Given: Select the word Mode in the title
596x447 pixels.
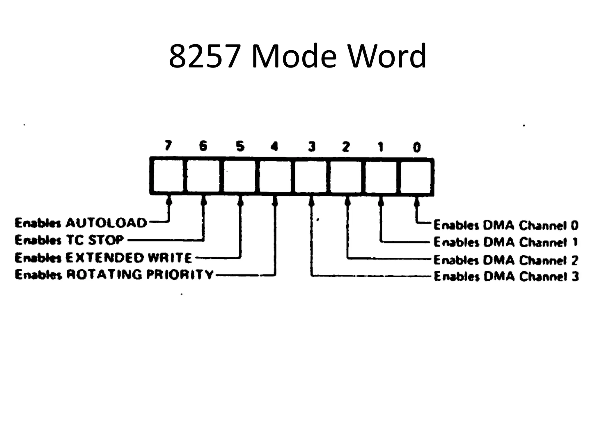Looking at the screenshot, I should (x=294, y=56).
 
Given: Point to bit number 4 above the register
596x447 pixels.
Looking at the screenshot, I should (x=274, y=146).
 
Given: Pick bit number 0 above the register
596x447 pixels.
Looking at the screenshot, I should (x=417, y=148).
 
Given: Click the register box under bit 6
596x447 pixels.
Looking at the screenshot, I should (x=203, y=176).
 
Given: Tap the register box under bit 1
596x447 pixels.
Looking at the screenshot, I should (x=381, y=176).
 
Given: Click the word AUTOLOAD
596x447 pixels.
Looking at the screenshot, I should (x=106, y=223).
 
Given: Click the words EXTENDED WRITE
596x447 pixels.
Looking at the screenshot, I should (x=129, y=258).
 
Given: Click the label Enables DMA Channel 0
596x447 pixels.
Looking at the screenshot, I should (x=505, y=225).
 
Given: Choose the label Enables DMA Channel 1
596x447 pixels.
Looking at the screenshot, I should (x=505, y=242).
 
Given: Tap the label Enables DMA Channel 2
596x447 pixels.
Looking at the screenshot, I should (x=505, y=260).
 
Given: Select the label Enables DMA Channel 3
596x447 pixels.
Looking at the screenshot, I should (x=506, y=276).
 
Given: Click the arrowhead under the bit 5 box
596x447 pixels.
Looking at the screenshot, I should (x=240, y=201).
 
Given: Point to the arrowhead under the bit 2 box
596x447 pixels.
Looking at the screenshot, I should (x=347, y=201).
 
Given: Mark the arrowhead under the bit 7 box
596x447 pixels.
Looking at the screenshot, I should (x=168, y=201).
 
